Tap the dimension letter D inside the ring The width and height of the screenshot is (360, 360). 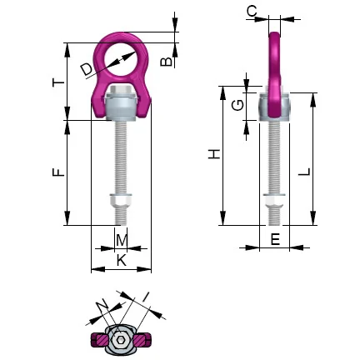click(87, 70)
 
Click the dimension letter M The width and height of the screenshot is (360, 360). click(122, 241)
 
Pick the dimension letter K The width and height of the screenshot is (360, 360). click(122, 260)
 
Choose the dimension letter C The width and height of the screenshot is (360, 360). click(252, 11)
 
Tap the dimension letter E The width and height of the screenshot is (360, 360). click(274, 238)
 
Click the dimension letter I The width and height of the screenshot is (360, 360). click(145, 297)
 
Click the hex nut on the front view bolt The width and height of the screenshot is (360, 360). click(120, 202)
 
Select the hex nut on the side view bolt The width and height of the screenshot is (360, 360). click(273, 202)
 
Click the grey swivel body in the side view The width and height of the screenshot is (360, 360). click(273, 107)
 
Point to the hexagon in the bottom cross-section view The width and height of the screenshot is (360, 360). click(121, 337)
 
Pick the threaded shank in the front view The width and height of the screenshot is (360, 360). click(122, 158)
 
